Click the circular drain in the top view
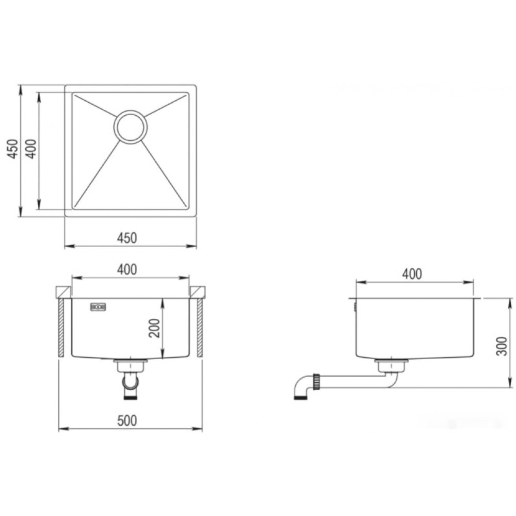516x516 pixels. [x=131, y=127]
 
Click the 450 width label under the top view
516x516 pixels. [x=127, y=238]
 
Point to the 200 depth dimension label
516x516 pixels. [x=154, y=328]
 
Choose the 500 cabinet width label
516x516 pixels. [x=127, y=421]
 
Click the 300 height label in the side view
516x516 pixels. [x=502, y=346]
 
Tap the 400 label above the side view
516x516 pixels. [x=412, y=274]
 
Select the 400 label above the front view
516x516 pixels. [x=127, y=269]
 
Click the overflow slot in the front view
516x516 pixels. [x=98, y=308]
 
